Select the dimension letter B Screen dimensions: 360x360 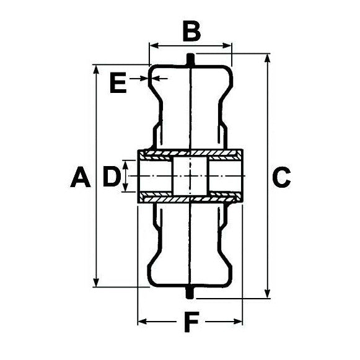pyautogui.click(x=191, y=30)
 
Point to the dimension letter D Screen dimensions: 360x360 pyautogui.click(x=110, y=177)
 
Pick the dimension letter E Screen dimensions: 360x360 pyautogui.click(x=117, y=82)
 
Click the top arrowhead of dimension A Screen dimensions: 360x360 pyautogui.click(x=97, y=68)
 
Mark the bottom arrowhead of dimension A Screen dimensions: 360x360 pyautogui.click(x=97, y=283)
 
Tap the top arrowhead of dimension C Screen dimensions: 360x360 pyautogui.click(x=267, y=58)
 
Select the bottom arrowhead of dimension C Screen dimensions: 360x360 pyautogui.click(x=267, y=293)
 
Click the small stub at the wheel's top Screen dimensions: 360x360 pyautogui.click(x=190, y=59)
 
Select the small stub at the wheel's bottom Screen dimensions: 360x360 pyautogui.click(x=190, y=292)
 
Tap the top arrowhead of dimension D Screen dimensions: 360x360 pyautogui.click(x=126, y=164)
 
